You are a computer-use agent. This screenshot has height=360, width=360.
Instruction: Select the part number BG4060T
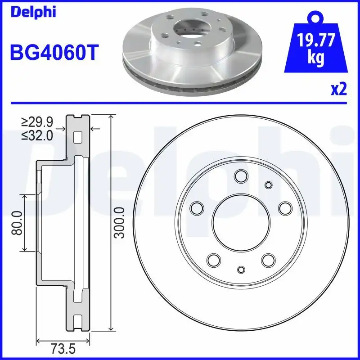pyautogui.click(x=54, y=53)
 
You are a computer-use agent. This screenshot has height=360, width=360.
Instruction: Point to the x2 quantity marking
pyautogui.click(x=338, y=90)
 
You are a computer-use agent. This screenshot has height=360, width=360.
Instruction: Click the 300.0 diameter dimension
pyautogui.click(x=119, y=222)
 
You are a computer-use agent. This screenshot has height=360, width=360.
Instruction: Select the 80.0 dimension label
pyautogui.click(x=18, y=223)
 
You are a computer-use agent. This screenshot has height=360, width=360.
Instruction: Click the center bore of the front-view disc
pyautogui.click(x=241, y=223)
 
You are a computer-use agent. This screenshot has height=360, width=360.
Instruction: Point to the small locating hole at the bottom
pyautogui.click(x=241, y=270)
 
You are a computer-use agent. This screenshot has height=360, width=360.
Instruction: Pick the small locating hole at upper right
pyautogui.click(x=269, y=184)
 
